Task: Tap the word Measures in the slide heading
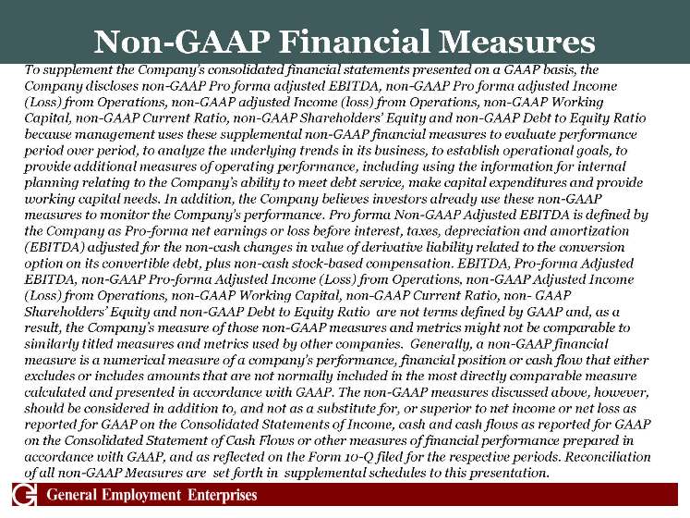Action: click(519, 42)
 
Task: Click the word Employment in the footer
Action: click(148, 496)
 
